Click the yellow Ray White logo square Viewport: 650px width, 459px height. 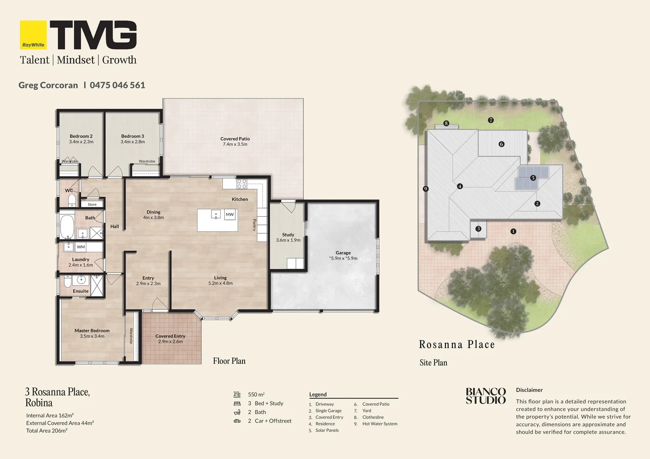(33, 35)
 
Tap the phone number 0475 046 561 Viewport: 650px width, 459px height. (117, 85)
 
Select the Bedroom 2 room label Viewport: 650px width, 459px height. (81, 136)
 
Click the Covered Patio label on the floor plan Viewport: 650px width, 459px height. (235, 139)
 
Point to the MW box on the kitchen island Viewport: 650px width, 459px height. (230, 215)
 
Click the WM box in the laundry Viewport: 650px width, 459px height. (81, 247)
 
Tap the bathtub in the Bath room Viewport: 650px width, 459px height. (67, 227)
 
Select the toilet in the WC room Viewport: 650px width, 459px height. (71, 200)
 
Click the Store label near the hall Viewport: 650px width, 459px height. (92, 204)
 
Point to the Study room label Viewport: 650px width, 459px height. (288, 235)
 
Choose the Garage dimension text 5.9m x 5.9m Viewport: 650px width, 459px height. (343, 258)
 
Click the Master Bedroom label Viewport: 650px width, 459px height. (92, 331)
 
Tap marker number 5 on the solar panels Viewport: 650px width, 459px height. (533, 178)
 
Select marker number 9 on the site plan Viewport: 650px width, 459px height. (426, 189)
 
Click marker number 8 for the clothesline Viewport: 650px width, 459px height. (446, 123)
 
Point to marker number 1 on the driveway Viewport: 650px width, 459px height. (513, 231)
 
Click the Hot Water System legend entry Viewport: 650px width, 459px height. (380, 424)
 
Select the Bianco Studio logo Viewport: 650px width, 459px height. (486, 396)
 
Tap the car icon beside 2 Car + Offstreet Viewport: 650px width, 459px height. (237, 421)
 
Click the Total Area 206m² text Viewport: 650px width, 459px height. (47, 431)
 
